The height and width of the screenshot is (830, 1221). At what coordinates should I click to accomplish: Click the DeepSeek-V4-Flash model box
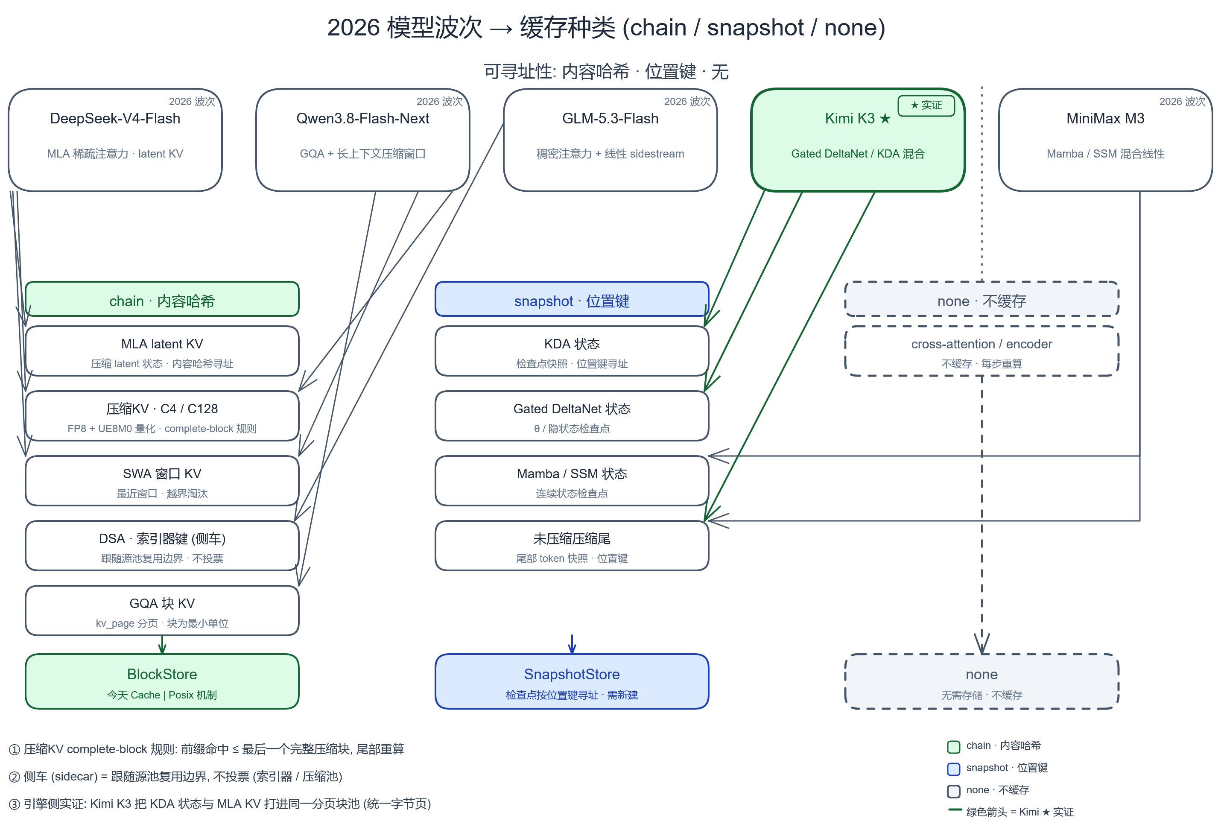[115, 140]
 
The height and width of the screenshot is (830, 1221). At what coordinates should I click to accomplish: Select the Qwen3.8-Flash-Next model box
[362, 140]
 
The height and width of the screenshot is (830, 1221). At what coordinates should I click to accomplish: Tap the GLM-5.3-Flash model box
[610, 140]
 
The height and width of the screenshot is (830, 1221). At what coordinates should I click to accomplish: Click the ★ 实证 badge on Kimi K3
[926, 105]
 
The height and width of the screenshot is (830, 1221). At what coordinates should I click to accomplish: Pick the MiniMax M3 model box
[1105, 140]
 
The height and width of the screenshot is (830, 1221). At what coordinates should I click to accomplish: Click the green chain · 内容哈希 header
[162, 299]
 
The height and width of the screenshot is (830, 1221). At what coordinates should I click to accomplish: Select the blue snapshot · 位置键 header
[572, 299]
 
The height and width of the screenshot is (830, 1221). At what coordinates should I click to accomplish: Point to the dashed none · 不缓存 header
[981, 299]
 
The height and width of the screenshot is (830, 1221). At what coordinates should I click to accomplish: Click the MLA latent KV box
[162, 351]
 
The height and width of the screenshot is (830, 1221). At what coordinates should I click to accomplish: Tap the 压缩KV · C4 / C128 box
[162, 416]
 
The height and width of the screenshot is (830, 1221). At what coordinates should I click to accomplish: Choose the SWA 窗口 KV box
[162, 481]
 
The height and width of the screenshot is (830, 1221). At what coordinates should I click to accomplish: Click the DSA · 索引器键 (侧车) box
[162, 546]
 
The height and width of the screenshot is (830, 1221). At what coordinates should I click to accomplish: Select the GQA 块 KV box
[162, 611]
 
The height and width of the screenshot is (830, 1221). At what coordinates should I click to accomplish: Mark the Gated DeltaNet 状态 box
[572, 416]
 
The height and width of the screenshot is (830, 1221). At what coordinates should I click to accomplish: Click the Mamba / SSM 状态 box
[572, 481]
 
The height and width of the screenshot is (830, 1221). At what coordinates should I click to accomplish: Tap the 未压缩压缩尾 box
[572, 546]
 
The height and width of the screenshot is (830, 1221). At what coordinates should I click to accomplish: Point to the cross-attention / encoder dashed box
[981, 351]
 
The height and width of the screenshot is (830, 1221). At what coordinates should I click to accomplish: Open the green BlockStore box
[162, 682]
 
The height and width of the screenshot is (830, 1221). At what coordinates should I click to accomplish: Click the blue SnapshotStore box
[572, 682]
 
